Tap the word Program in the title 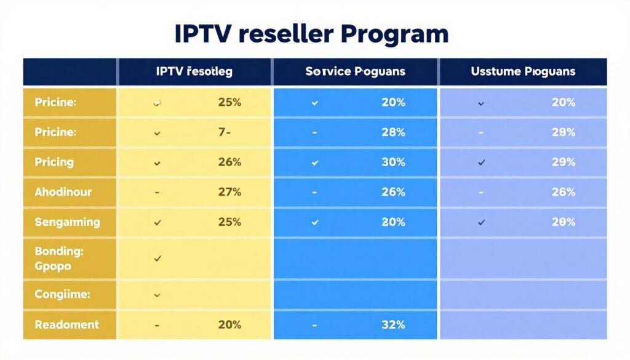tap(394, 35)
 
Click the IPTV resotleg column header tap(194, 71)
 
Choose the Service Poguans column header tap(355, 71)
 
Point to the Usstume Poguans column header tap(523, 71)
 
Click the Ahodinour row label tap(63, 192)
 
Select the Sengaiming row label tap(67, 222)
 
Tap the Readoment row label tap(66, 324)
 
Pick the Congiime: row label tap(63, 295)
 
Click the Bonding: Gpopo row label tap(59, 259)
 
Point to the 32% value tap(393, 324)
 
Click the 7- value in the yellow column tap(224, 132)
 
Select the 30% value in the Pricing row tap(393, 162)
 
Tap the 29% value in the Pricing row tap(563, 162)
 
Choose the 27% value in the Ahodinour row tap(229, 192)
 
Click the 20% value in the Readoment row tap(229, 324)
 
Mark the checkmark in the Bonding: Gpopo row tap(157, 259)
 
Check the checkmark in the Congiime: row tap(157, 295)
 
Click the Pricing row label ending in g tap(54, 162)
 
